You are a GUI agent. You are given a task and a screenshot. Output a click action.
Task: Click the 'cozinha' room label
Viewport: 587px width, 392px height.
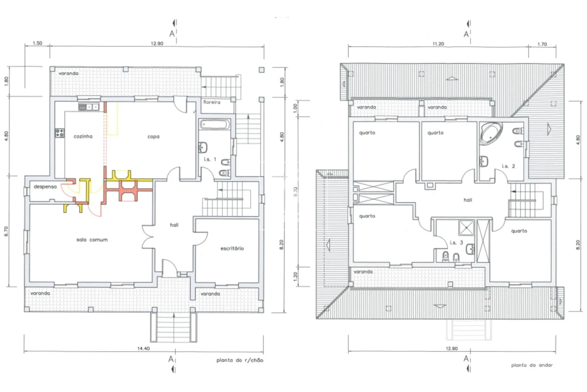point(83,137)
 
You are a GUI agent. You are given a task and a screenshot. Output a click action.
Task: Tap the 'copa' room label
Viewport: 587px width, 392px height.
point(153,137)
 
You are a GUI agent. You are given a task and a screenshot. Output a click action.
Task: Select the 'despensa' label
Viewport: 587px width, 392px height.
point(45,187)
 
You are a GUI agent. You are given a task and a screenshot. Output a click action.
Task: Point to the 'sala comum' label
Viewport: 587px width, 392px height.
point(92,240)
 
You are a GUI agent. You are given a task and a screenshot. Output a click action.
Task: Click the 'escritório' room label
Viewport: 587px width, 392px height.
point(232,248)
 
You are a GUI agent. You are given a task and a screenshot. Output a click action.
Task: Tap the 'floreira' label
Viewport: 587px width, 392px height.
point(212,102)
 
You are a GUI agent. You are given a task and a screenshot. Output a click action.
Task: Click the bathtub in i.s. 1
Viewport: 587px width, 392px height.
point(215,124)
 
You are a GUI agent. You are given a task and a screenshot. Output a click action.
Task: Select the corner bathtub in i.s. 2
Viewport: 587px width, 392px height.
point(490,133)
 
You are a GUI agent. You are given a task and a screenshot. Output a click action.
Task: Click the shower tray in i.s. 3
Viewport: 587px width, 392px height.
point(466,228)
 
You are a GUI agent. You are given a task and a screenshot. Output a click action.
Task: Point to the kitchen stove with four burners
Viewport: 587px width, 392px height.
point(60,133)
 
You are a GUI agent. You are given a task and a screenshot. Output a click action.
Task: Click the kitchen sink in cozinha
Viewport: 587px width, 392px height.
point(89,107)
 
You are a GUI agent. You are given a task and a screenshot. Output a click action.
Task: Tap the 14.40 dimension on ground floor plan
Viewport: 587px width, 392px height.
point(143,348)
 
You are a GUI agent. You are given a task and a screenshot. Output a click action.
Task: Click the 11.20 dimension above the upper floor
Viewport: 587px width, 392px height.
point(439,44)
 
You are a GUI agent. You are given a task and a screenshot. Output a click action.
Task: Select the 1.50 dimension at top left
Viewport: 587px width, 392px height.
point(38,43)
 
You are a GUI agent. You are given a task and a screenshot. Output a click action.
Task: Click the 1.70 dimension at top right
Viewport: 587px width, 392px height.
point(542,44)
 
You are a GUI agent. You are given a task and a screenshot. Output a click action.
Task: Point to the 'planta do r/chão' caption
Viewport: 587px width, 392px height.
point(240,360)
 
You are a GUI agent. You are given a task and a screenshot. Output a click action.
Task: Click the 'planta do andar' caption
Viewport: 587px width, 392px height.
point(532,365)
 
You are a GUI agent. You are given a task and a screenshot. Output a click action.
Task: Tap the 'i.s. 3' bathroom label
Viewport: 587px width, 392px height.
point(457,243)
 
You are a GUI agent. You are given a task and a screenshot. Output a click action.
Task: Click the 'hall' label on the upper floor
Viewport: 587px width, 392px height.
point(468,200)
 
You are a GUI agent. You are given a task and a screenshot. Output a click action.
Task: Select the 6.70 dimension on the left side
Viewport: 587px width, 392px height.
point(6,231)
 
